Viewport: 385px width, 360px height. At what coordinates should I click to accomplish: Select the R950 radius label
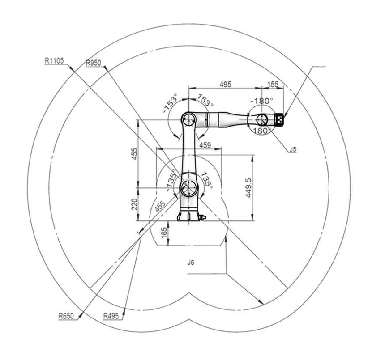pos(94,63)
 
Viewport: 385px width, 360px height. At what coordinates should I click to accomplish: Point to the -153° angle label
pos(171,105)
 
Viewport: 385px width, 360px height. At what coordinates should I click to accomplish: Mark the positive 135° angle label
pos(206,179)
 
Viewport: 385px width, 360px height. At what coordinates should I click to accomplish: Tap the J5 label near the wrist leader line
pos(292,149)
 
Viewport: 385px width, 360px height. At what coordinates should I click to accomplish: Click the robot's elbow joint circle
pos(188,119)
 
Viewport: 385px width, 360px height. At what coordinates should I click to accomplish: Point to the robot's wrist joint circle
pos(261,119)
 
